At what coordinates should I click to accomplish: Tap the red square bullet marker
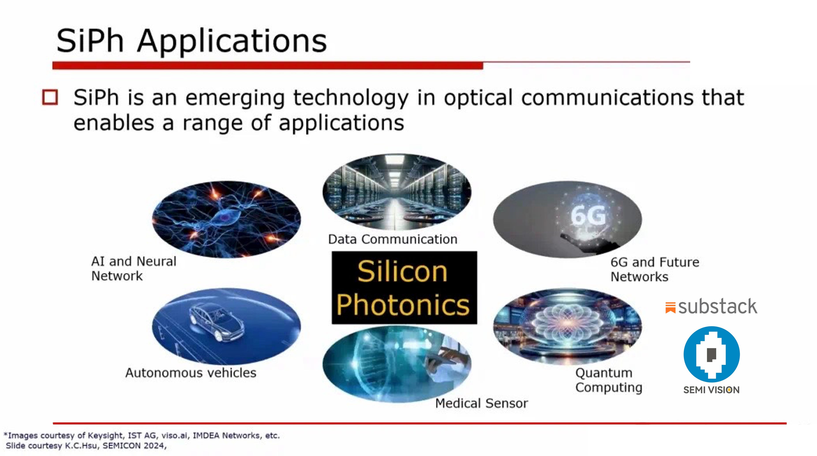[x=50, y=97]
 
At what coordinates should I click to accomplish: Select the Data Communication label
[x=393, y=239]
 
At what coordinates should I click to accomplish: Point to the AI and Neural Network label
[x=133, y=268]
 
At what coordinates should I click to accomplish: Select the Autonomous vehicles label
[x=191, y=373]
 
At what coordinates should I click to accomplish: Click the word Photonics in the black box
[x=403, y=305]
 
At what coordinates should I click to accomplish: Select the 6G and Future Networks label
[x=655, y=269]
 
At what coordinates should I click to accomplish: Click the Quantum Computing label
[x=608, y=380]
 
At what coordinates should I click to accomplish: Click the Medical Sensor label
[x=482, y=403]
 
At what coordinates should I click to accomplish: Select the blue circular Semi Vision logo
[x=711, y=354]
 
